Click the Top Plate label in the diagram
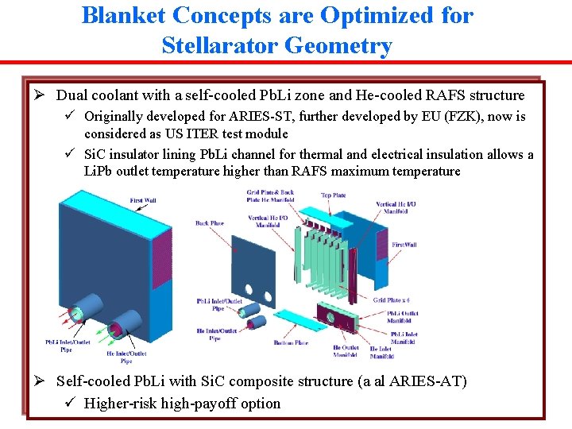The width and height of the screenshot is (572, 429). [332, 195]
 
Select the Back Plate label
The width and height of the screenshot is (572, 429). [209, 223]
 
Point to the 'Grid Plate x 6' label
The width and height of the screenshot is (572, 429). [399, 300]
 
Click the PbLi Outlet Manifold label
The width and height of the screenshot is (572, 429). [403, 317]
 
